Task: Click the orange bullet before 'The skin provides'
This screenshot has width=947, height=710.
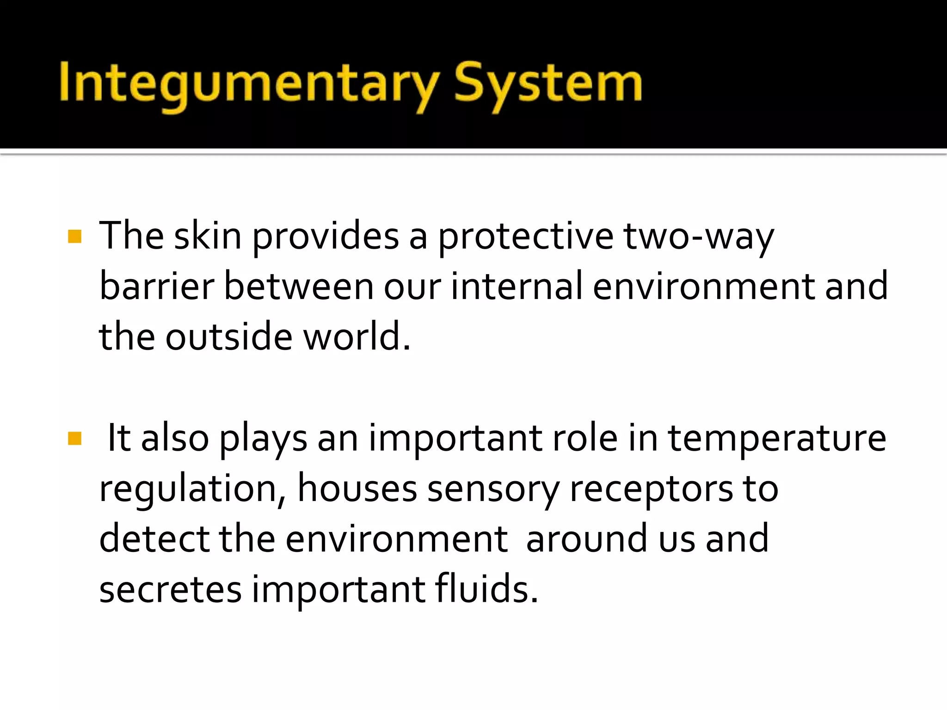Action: point(74,237)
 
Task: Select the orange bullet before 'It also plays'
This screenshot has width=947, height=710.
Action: point(74,438)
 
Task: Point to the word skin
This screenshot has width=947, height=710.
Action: point(208,237)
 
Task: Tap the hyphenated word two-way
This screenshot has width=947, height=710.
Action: point(698,237)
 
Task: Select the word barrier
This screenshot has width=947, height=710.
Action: point(157,287)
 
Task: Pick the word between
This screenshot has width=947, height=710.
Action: point(299,287)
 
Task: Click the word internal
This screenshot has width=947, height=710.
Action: point(517,287)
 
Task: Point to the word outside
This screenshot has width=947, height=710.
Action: point(229,337)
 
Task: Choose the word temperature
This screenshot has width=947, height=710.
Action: point(777,438)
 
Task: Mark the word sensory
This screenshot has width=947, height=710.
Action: point(493,489)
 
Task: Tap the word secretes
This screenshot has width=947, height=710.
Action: point(170,589)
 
